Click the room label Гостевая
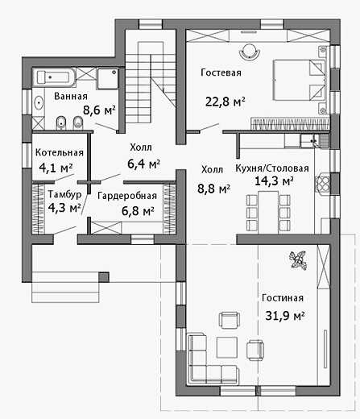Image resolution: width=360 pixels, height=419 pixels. coord(221,73)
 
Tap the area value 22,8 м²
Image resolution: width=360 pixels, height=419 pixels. coord(226,102)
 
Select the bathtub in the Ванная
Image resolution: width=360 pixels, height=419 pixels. coord(54,77)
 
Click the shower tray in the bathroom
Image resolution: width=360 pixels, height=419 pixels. coord(107,78)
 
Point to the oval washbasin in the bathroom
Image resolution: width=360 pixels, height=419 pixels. coord(39,103)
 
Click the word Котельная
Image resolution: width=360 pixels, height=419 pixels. coord(60,152)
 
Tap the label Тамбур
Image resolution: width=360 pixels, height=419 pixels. coord(64,194)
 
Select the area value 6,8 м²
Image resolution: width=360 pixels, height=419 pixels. coord(138,211)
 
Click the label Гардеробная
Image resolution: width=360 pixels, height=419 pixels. coord(127,196)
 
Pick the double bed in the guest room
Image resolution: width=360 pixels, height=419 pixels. coord(300,80)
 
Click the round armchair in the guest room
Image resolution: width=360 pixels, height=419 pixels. coord(250,52)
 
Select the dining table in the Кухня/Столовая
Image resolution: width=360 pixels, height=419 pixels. coord(268,212)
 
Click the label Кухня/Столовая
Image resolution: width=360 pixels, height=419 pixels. coord(272,168)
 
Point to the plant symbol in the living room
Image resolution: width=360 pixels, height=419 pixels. coord(298,259)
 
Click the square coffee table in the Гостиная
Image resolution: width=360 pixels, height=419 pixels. coord(227,347)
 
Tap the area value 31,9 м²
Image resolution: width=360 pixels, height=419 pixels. coord(285,316)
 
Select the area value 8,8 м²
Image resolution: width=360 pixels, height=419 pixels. coord(213,189)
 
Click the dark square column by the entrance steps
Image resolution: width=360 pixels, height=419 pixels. coord(104,277)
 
